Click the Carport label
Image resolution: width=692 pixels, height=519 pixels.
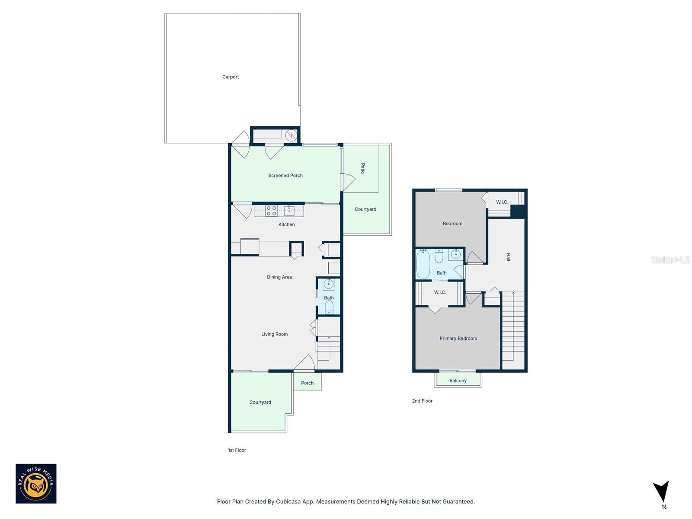[231, 77]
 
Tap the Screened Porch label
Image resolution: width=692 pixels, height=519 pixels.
[285, 176]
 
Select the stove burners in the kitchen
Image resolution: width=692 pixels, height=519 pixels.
[271, 211]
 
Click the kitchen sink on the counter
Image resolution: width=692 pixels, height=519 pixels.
[289, 211]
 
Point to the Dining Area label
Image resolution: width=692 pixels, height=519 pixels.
[279, 277]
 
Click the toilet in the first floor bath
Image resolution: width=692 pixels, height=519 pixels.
[329, 308]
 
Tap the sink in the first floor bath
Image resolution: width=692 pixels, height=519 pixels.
[329, 285]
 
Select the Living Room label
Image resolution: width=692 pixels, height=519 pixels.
[274, 334]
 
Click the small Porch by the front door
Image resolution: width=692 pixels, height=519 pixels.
[308, 383]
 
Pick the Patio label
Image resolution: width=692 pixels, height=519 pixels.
[363, 168]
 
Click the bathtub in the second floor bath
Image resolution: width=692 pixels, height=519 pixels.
[423, 264]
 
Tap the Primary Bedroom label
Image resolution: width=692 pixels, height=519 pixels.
[458, 339]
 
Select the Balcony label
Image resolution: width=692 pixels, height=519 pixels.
[458, 381]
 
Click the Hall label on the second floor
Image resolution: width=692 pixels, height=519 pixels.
[509, 257]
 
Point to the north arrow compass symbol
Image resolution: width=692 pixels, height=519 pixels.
[661, 492]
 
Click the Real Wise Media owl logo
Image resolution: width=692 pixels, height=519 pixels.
[36, 484]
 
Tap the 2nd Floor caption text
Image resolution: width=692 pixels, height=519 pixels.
[422, 401]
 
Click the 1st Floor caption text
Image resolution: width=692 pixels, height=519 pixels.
[237, 450]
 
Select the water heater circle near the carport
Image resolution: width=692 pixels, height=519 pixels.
[292, 135]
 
